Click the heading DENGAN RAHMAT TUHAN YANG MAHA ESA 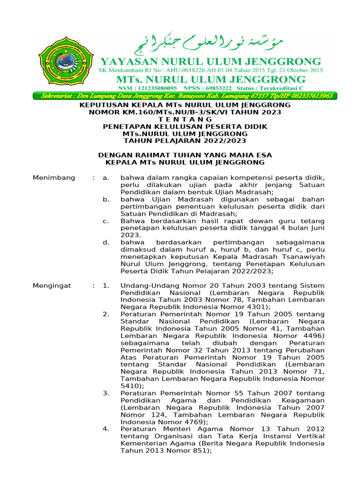pyautogui.click(x=185, y=155)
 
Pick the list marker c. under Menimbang pyautogui.click(x=106, y=221)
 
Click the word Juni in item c pyautogui.click(x=315, y=228)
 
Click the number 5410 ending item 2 pyautogui.click(x=128, y=386)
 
